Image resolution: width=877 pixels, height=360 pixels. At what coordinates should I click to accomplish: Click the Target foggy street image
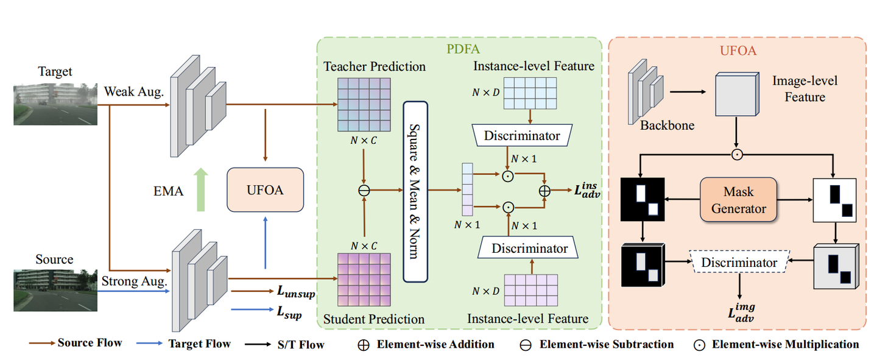[x=55, y=104]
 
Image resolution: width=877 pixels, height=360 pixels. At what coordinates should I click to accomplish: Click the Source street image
[x=55, y=290]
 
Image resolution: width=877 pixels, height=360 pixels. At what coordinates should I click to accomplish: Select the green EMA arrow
[x=200, y=191]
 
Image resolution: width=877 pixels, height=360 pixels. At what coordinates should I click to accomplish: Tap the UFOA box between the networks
[x=265, y=190]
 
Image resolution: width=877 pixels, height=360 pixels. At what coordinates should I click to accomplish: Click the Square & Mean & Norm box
[x=415, y=191]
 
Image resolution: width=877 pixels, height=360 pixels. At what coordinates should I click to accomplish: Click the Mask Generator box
[x=738, y=200]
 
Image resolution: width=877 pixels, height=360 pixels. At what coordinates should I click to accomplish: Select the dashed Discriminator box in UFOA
[x=739, y=263]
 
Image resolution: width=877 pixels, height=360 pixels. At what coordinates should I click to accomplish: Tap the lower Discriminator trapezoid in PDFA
[x=529, y=248]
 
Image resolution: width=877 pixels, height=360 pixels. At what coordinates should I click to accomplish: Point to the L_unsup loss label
[x=296, y=292]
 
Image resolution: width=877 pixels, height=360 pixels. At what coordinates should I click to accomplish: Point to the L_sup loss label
[x=289, y=314]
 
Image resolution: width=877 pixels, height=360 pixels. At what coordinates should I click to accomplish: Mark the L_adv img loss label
[x=744, y=312]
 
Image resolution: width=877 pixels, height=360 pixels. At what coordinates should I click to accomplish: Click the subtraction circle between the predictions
[x=364, y=190]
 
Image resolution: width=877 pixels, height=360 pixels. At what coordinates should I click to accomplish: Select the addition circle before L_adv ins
[x=544, y=190]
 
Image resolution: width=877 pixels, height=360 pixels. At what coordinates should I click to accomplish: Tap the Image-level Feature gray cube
[x=736, y=94]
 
